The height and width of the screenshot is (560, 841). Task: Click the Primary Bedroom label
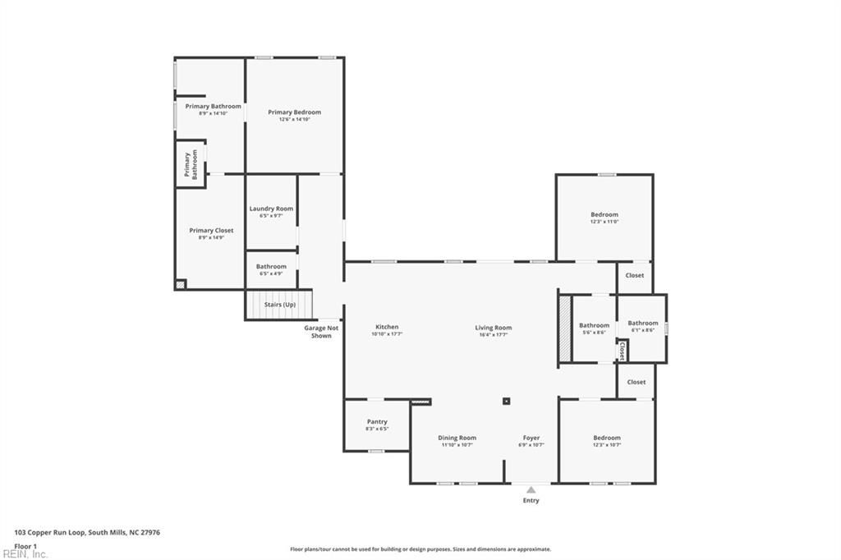[294, 112]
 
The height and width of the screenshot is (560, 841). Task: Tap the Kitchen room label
[386, 328]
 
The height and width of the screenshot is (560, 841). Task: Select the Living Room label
[493, 328]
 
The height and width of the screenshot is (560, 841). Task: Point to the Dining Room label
[457, 438]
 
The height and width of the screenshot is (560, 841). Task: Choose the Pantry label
[377, 422]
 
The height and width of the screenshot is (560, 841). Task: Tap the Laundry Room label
[271, 209]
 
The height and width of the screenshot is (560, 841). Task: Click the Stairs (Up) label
[279, 305]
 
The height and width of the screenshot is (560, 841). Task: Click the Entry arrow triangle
[531, 490]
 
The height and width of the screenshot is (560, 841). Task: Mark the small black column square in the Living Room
[507, 402]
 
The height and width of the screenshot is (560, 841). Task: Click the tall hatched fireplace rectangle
[564, 328]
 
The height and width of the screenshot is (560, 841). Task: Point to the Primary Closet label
[211, 231]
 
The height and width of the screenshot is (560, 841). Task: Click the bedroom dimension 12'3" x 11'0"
[604, 222]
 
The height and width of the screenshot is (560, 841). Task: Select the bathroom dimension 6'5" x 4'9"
[271, 273]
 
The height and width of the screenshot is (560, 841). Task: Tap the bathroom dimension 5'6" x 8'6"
[594, 333]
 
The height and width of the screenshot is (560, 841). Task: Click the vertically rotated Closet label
[622, 351]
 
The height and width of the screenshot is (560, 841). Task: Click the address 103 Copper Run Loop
[87, 532]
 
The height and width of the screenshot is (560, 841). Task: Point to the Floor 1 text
[25, 545]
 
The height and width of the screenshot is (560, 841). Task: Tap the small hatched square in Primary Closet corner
[181, 284]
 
